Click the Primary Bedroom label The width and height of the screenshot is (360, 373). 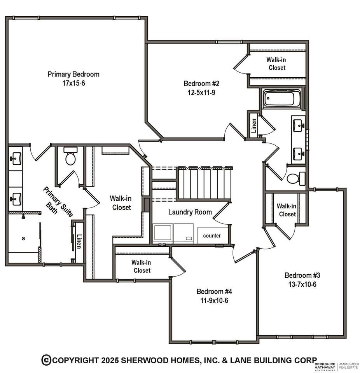tap(73, 74)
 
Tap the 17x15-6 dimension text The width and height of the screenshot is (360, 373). tap(73, 83)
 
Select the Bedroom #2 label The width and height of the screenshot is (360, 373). tap(201, 84)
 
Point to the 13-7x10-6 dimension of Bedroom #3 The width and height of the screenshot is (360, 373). tap(302, 284)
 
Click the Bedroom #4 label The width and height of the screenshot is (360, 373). tap(214, 291)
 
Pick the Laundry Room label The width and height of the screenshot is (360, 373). tap(190, 212)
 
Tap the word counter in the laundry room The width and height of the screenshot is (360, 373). tap(211, 235)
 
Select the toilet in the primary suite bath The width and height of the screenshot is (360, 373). tap(70, 156)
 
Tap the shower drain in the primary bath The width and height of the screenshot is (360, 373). tap(23, 238)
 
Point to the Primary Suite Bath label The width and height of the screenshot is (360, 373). tap(58, 202)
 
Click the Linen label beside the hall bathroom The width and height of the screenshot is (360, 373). tap(254, 126)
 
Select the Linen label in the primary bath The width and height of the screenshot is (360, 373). tap(79, 241)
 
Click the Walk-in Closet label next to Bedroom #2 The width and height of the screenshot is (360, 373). tap(276, 63)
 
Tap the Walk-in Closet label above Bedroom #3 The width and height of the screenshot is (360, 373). tap(287, 210)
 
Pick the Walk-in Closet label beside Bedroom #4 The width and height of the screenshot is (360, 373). tap(142, 267)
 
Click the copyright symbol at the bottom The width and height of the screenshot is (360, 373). tap(46, 360)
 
